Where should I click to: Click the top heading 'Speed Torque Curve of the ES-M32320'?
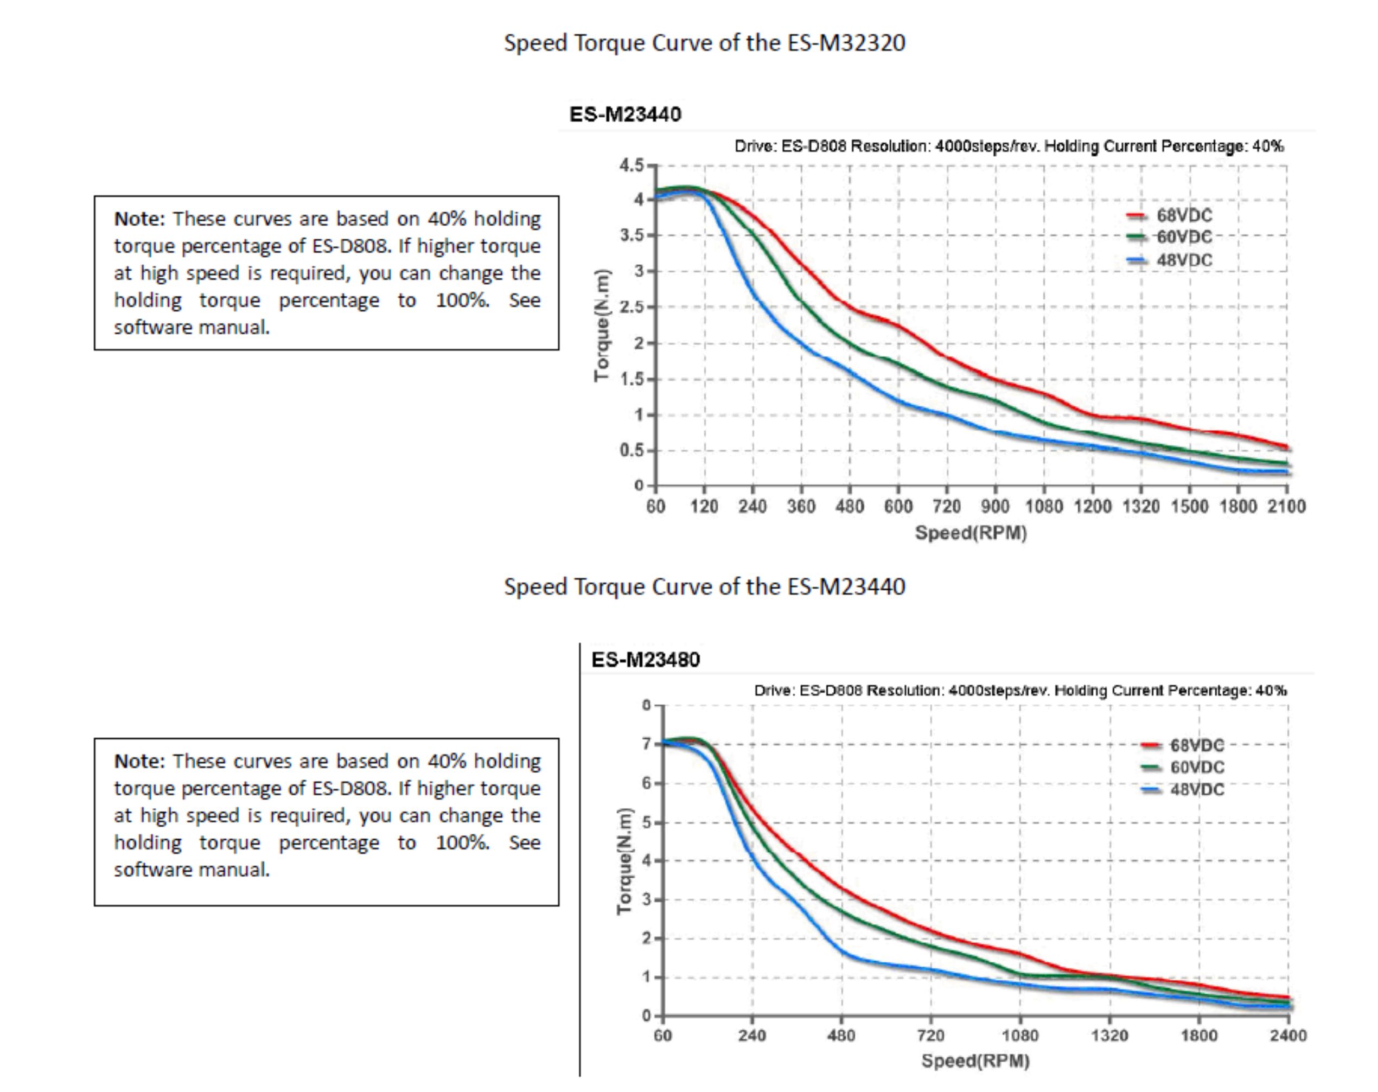pos(704,43)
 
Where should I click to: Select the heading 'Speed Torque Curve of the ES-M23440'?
pos(704,586)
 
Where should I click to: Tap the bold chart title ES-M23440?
pos(624,114)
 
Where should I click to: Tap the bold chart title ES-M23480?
pos(645,660)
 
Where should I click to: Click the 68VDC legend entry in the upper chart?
pos(1183,215)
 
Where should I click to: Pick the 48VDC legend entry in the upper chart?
pos(1183,260)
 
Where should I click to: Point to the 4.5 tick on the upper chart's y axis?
pos(631,165)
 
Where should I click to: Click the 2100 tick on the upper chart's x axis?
pos(1286,507)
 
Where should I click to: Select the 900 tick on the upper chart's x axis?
pos(995,507)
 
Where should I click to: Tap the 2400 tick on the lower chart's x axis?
pos(1287,1035)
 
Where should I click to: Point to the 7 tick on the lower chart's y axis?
pos(647,744)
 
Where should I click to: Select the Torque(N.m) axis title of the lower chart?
pos(624,861)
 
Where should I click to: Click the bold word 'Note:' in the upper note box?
pos(139,219)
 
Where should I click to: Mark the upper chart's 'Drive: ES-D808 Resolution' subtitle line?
pos(1009,146)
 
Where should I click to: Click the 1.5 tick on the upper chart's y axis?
pos(631,379)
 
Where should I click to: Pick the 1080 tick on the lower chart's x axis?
pos(1020,1035)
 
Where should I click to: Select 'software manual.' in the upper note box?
pos(192,327)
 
